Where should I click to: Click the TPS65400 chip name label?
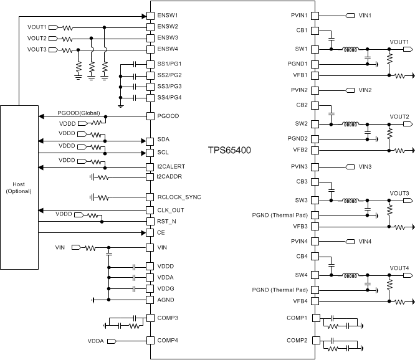[229, 151]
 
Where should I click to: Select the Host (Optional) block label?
[19, 187]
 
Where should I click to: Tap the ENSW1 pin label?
[168, 14]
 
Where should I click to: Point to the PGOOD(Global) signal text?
[79, 113]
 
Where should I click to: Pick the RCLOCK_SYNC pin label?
[179, 197]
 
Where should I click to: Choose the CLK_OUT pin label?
[171, 210]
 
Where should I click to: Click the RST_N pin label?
[167, 221]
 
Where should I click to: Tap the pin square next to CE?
[150, 233]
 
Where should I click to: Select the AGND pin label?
[166, 300]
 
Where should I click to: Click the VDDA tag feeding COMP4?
[95, 341]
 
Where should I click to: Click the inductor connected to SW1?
[350, 49]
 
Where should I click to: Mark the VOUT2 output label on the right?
[399, 116]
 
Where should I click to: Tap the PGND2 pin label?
[297, 138]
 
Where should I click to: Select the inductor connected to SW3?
[350, 201]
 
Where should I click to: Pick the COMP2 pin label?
[297, 341]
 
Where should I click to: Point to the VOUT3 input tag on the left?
[37, 50]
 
